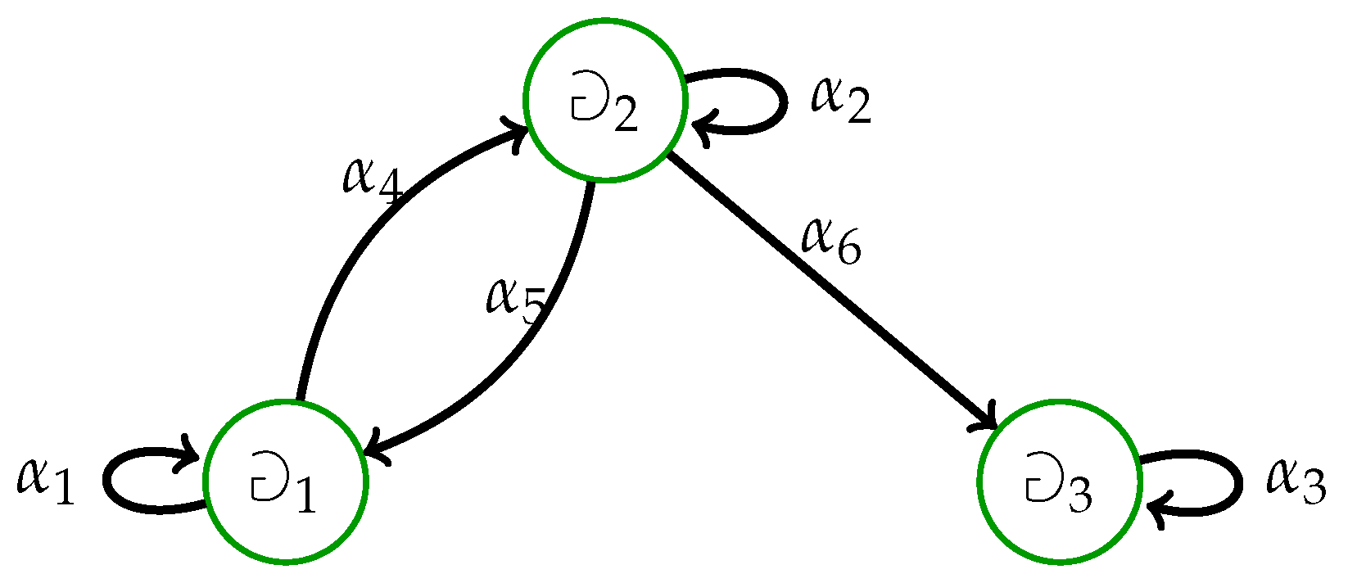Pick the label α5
[515, 299]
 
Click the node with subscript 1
[285, 482]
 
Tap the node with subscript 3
[1059, 482]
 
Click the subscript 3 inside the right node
[1079, 497]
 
